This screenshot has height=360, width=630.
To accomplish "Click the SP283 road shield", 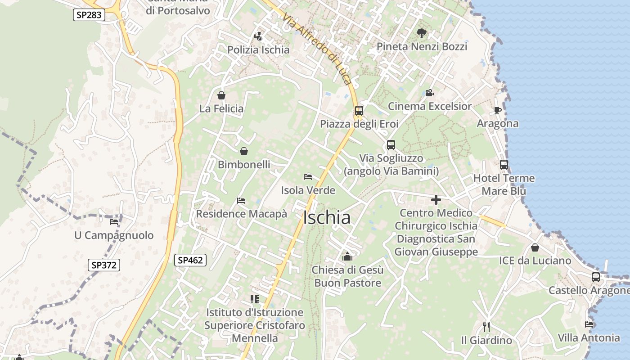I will (89, 15).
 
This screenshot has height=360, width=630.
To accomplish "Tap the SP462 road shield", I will (190, 260).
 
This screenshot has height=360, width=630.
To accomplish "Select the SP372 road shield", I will (104, 265).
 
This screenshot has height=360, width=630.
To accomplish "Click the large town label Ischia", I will (327, 218).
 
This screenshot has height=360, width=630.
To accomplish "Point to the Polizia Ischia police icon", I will (258, 36).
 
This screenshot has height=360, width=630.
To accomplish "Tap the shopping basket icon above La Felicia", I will (221, 95).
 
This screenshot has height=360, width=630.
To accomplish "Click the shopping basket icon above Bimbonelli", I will (244, 151).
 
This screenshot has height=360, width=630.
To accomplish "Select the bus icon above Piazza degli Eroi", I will (359, 110).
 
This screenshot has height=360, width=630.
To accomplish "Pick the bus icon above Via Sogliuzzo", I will (391, 145).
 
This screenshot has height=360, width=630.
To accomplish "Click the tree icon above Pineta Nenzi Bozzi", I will (421, 33).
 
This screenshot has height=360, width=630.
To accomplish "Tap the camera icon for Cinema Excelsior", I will (429, 93).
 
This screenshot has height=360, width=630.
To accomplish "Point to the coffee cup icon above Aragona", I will (497, 110).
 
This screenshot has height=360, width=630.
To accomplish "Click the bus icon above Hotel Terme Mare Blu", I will (504, 165).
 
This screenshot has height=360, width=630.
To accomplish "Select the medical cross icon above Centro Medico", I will (436, 199).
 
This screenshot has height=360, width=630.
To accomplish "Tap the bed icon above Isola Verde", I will (308, 176).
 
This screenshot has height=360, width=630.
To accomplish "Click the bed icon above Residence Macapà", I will (241, 200).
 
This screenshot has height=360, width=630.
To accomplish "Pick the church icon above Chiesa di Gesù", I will (347, 256).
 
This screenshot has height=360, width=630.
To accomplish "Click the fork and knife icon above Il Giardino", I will (486, 327).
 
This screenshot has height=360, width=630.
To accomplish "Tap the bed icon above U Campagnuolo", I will (114, 221).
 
